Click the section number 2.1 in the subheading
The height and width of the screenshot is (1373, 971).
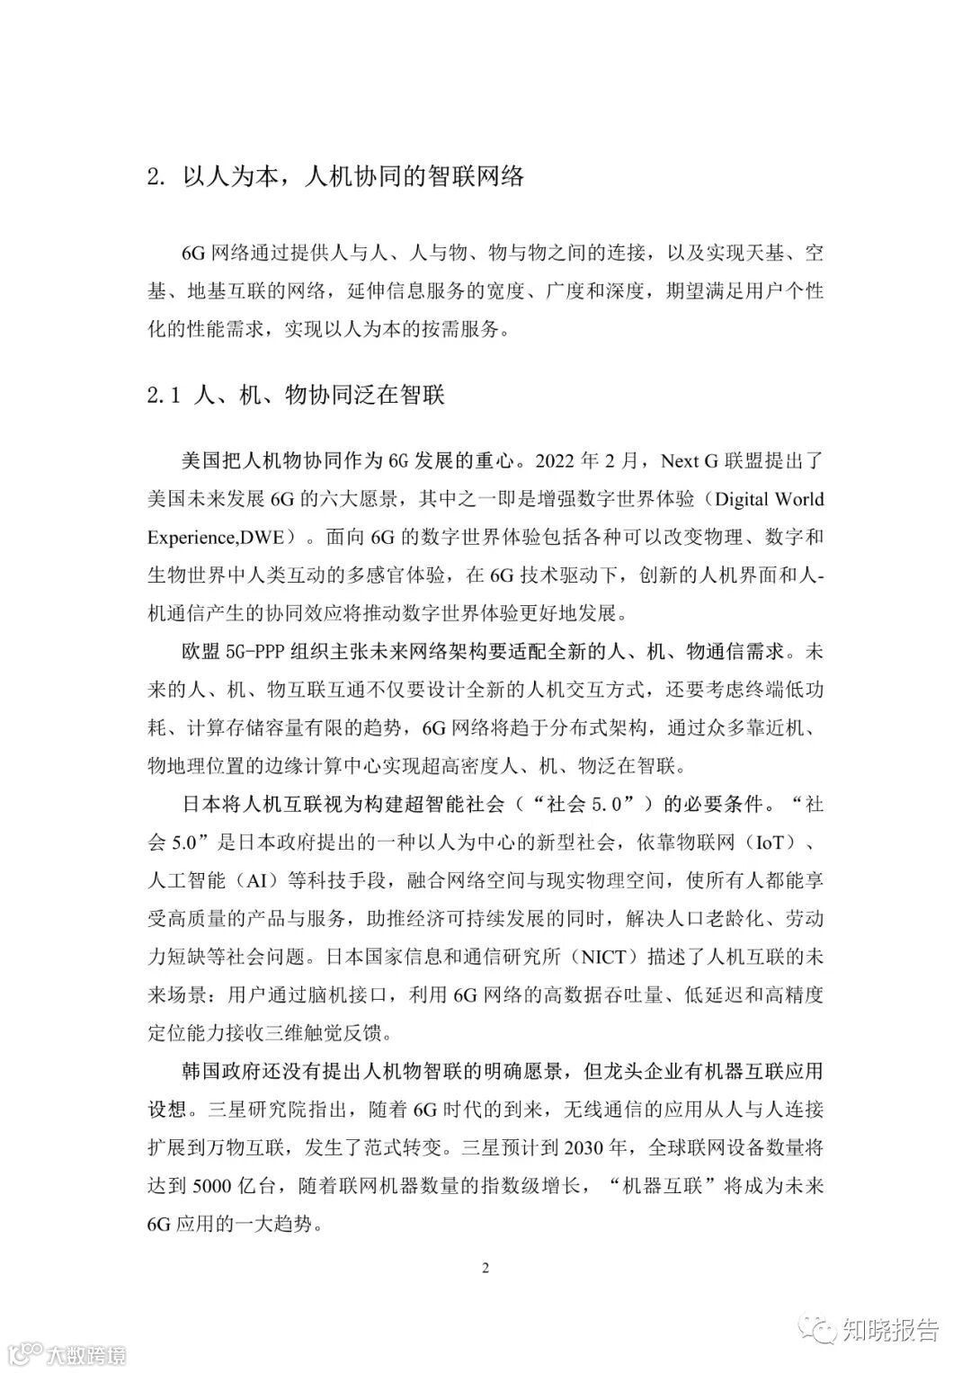165,396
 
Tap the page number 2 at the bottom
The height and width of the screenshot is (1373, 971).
485,1269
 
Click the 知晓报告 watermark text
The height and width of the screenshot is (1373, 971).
890,1329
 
